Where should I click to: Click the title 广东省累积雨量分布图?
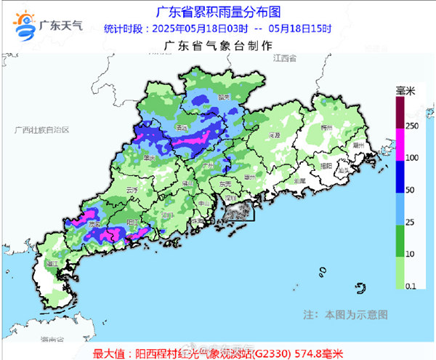coord(218,12)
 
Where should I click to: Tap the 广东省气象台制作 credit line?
coord(218,45)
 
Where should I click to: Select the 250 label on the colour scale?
coord(411,125)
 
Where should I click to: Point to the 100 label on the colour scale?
coord(411,158)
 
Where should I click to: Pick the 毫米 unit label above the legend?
coord(405,90)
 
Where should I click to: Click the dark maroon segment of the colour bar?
coord(400,113)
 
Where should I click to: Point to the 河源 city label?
coord(273,135)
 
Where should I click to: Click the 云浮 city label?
coord(132,190)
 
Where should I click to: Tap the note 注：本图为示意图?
coord(344,315)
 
